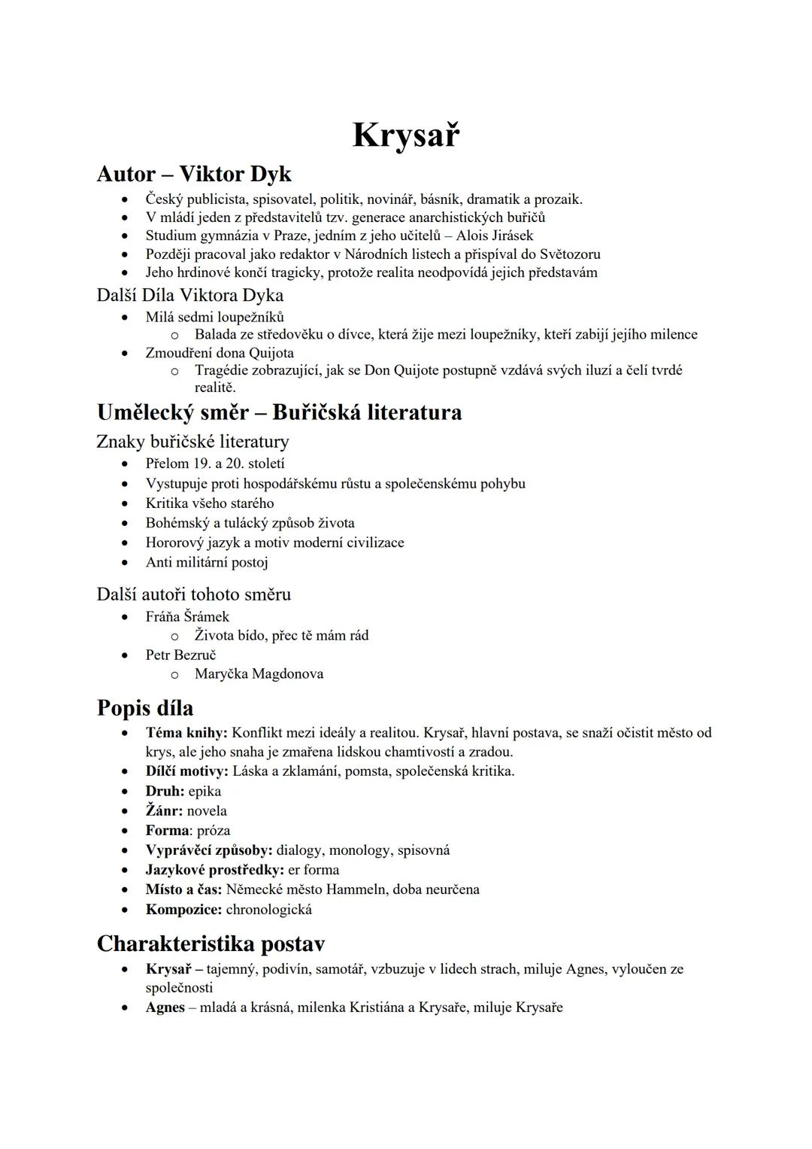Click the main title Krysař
click(405, 135)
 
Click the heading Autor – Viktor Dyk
click(194, 174)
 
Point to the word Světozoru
click(570, 254)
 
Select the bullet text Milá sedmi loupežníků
click(214, 317)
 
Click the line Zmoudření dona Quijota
click(220, 353)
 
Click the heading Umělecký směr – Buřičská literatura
click(279, 412)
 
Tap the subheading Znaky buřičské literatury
click(192, 442)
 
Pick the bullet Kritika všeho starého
click(210, 503)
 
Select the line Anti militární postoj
click(207, 562)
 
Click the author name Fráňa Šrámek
click(187, 617)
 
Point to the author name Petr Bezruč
click(180, 655)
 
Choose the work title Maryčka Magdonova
click(259, 674)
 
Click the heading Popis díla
click(145, 708)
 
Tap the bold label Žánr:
click(164, 811)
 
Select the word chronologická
click(268, 909)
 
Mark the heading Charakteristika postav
click(211, 944)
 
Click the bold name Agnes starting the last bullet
click(165, 1008)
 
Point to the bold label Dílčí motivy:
click(186, 771)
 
